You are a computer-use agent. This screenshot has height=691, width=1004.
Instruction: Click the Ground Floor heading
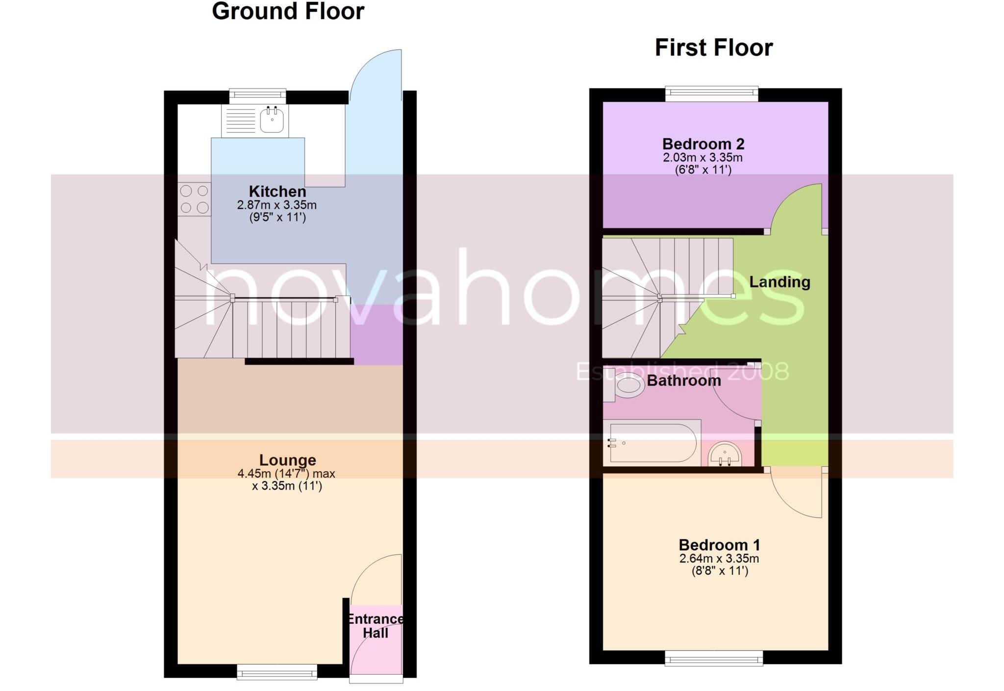pyautogui.click(x=288, y=12)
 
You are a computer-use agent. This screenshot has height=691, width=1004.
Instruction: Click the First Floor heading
pyautogui.click(x=713, y=48)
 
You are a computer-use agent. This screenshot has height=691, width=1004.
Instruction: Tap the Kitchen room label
pyautogui.click(x=277, y=191)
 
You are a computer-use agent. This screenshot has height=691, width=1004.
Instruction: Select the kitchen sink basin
pyautogui.click(x=272, y=120)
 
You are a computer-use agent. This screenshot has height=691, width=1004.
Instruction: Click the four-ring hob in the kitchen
pyautogui.click(x=194, y=199)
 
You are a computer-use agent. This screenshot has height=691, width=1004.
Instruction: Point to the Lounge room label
pyautogui.click(x=287, y=460)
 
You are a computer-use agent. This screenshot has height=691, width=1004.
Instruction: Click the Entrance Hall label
pyautogui.click(x=376, y=626)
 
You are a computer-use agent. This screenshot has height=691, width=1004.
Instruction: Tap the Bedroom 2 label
pyautogui.click(x=703, y=144)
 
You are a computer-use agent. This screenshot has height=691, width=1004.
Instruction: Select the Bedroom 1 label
pyautogui.click(x=719, y=545)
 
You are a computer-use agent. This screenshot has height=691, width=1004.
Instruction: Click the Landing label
pyautogui.click(x=779, y=282)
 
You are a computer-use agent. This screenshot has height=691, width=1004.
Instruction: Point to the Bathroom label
pyautogui.click(x=683, y=381)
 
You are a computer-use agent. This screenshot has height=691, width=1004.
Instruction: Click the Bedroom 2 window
pyautogui.click(x=711, y=93)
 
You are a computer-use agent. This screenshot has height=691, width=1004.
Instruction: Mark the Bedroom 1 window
pyautogui.click(x=713, y=658)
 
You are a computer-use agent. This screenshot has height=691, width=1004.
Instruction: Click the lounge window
pyautogui.click(x=277, y=671)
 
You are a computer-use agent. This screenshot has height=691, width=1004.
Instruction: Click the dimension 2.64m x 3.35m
pyautogui.click(x=719, y=559)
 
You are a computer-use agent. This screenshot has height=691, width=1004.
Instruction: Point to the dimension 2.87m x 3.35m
pyautogui.click(x=277, y=205)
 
